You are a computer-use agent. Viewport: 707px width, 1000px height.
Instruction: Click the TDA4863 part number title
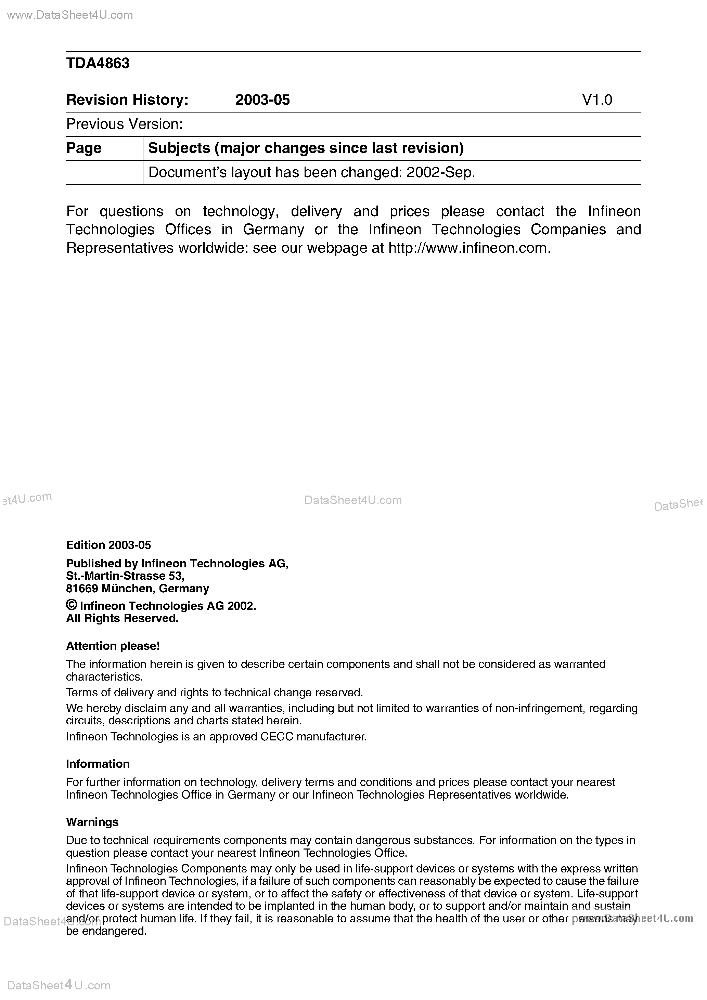[x=98, y=64]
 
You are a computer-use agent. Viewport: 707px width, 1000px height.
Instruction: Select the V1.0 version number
[x=597, y=100]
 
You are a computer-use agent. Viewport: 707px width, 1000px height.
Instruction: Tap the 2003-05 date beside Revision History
[x=262, y=100]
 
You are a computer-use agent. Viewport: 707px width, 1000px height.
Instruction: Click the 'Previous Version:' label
[x=124, y=124]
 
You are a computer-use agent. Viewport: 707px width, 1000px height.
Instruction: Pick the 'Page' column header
[x=84, y=148]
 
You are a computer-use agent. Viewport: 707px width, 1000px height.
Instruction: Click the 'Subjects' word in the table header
[x=179, y=148]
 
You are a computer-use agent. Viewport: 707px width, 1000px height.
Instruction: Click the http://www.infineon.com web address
[x=470, y=248]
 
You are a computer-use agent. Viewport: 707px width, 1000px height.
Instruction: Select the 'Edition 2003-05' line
[x=108, y=545]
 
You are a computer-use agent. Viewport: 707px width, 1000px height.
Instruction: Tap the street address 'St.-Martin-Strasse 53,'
[x=126, y=576]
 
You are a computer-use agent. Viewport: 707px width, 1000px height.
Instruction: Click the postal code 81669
[x=82, y=589]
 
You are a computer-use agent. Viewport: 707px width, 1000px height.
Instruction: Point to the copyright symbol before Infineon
[x=72, y=605]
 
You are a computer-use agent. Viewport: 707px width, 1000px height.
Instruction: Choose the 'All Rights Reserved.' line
[x=123, y=618]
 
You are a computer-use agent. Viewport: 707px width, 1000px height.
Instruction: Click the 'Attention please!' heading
[x=113, y=646]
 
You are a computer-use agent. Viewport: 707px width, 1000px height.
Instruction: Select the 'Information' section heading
[x=98, y=764]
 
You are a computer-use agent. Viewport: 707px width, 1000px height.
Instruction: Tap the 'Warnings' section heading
[x=92, y=822]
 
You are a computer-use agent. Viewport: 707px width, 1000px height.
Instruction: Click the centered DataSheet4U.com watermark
[x=353, y=500]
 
